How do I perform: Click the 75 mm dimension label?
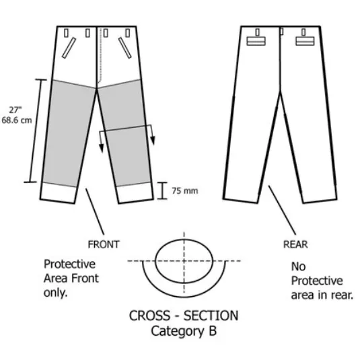coord(185,191)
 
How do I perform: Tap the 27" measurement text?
coord(15,110)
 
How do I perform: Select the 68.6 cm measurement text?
coord(17,120)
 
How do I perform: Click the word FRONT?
coord(104,244)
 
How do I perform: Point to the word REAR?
coord(295,244)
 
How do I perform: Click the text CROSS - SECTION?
coord(184,316)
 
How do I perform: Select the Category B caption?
coord(184,331)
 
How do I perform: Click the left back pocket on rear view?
coord(256,41)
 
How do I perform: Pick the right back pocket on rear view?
coord(305,41)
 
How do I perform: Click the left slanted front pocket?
coord(69,48)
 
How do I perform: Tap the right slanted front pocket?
coord(125,48)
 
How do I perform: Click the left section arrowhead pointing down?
coord(101,148)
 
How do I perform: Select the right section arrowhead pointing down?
coord(153,141)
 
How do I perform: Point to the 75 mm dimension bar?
coord(163,190)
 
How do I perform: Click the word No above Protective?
coord(299,266)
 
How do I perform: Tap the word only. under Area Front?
coord(55,293)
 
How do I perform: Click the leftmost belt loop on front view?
coord(66,33)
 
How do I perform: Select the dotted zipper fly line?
coord(100,55)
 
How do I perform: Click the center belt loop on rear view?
coord(281,31)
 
